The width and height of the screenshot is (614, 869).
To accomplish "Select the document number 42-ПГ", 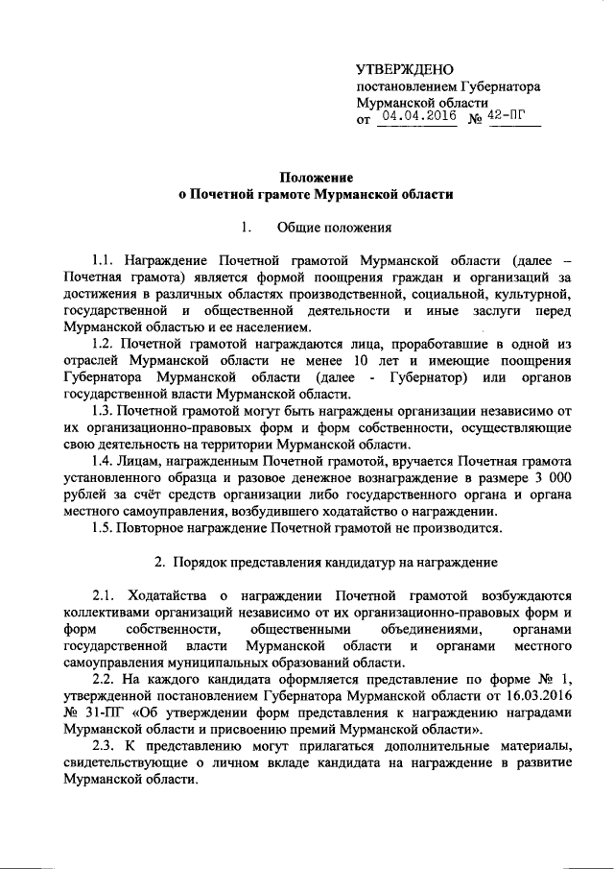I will (x=506, y=116).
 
